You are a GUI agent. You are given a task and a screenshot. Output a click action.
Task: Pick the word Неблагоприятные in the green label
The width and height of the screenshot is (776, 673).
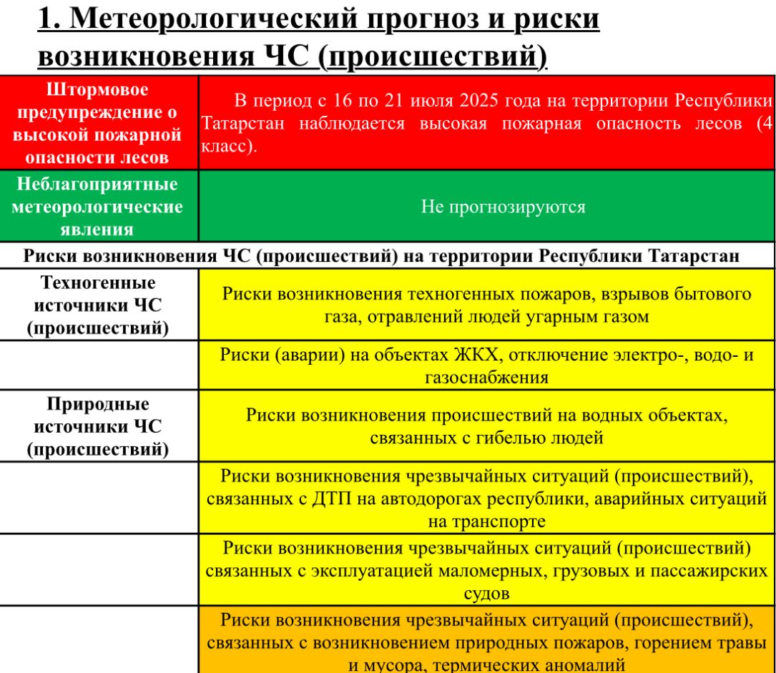click(97, 185)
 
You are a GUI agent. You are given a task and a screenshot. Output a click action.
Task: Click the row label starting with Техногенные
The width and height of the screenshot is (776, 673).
click(97, 305)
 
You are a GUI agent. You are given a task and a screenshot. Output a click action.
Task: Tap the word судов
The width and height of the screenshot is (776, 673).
click(486, 594)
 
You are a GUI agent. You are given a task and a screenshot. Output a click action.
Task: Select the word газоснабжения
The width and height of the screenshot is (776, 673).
click(486, 378)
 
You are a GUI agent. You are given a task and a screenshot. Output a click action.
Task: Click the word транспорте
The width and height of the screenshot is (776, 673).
click(486, 521)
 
